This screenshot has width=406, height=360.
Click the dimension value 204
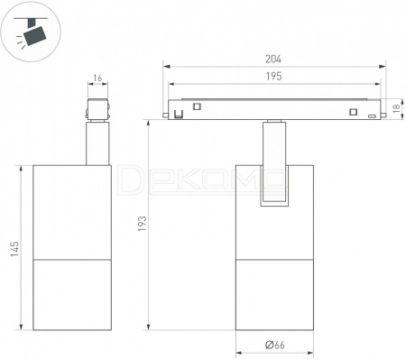(273, 59)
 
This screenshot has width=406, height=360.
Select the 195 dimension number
(273, 76)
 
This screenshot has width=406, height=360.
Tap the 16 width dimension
(97, 78)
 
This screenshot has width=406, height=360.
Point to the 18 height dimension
(396, 108)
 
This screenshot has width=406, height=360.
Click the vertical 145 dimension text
(14, 248)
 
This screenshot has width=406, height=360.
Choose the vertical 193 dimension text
(143, 224)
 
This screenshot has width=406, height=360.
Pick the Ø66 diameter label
(275, 345)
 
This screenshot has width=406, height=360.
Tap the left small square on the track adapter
(197, 106)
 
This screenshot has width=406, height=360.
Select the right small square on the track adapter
(353, 112)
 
